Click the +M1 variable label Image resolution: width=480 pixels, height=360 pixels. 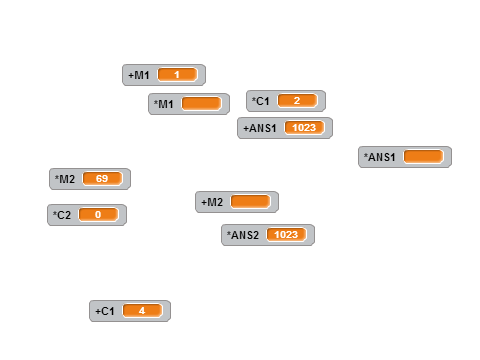pos(139,75)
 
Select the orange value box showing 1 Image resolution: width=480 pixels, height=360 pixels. pos(177,75)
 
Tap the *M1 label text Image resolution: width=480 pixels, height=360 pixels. pos(163,104)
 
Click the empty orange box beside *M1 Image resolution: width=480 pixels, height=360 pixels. pos(201,103)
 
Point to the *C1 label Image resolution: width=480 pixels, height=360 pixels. pos(260,101)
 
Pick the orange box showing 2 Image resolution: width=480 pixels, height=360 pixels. pos(297,100)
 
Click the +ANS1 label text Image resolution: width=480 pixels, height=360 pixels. pos(260,128)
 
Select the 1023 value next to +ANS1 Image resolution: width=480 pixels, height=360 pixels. pos(304,127)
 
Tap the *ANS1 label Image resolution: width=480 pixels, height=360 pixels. pos(379,157)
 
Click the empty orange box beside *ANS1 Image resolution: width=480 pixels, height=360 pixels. pos(423,156)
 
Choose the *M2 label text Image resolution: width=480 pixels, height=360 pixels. pos(65,179)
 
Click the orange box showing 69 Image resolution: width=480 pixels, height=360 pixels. pos(102,178)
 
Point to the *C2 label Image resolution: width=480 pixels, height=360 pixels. pos(62,215)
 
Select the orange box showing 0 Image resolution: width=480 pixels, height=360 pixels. pos(98,214)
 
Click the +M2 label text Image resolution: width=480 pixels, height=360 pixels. pos(212,202)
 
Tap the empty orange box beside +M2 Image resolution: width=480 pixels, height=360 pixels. pos(250,201)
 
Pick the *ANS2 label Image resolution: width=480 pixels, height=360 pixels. pos(243,235)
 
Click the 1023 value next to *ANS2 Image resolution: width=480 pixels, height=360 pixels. pos(286,234)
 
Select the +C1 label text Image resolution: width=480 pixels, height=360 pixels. pos(105,311)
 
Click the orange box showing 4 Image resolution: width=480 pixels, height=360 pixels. pos(143,311)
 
